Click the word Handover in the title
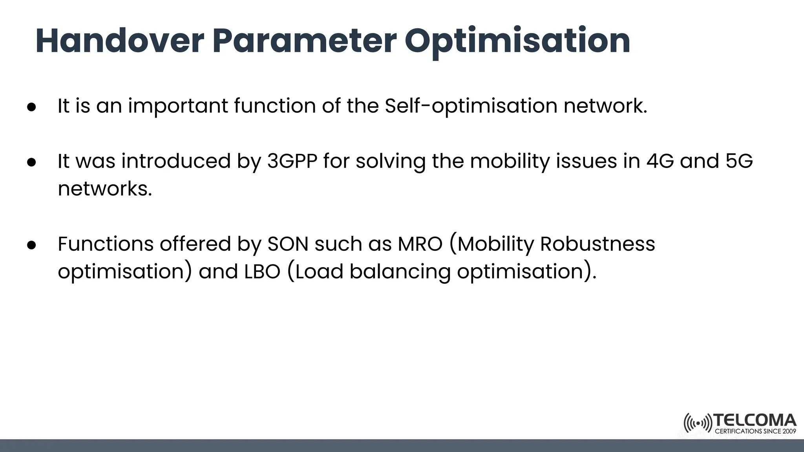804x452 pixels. point(120,41)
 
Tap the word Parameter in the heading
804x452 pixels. point(304,41)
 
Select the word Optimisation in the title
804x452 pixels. point(517,42)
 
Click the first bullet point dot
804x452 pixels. point(32,107)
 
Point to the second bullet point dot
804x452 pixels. point(32,162)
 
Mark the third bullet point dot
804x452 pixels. point(32,245)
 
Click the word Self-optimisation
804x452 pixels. point(471,106)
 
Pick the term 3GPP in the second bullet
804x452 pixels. point(292,161)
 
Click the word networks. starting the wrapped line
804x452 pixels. point(104,189)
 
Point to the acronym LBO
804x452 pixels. point(262,272)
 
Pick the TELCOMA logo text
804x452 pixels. point(755,421)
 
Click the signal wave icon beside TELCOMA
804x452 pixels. point(698,423)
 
